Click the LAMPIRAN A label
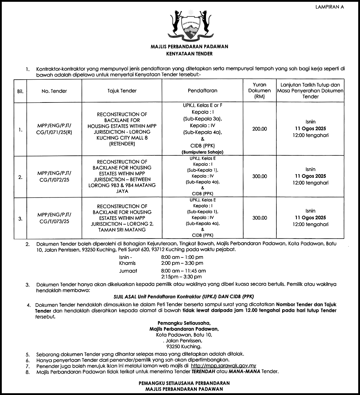tap(330, 7)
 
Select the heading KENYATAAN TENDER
tap(189, 54)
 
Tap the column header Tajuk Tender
tap(122, 91)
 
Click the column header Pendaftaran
tap(202, 91)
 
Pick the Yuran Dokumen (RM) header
tap(259, 91)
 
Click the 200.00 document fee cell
tap(259, 129)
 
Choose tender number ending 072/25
tap(54, 176)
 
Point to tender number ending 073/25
tap(54, 218)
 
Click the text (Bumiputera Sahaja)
tap(202, 152)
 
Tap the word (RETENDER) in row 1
tap(122, 144)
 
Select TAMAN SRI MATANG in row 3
tap(122, 230)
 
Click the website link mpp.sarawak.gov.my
tap(224, 366)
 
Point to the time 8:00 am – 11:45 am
tap(183, 271)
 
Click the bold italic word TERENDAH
tap(204, 372)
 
